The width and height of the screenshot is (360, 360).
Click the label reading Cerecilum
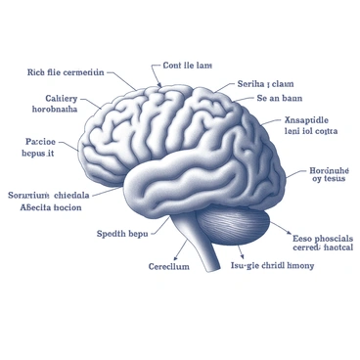coord(168,266)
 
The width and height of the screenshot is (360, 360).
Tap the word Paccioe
coord(40,139)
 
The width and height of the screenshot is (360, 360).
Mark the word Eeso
coord(304,237)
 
